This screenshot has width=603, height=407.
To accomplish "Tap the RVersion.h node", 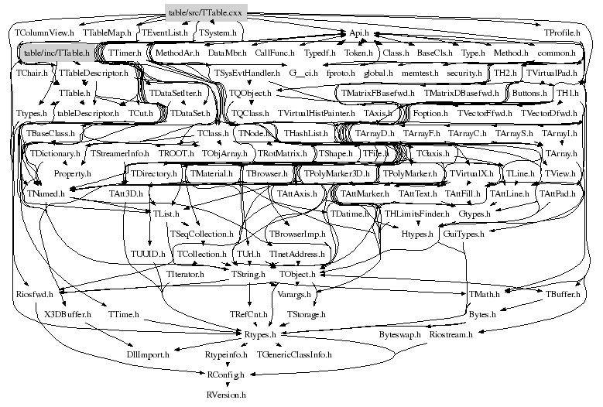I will point(226,395).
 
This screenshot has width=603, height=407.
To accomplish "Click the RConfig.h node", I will point(226,375).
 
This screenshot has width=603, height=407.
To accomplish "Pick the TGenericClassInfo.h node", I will point(293,354).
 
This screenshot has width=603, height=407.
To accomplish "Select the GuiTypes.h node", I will point(464,233).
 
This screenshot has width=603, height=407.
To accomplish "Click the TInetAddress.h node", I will point(301,253).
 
